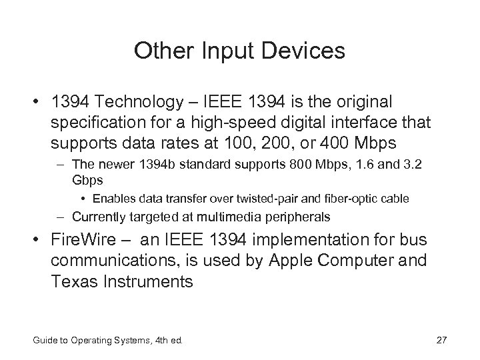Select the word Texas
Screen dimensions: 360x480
coord(71,282)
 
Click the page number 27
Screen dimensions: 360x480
coord(441,341)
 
